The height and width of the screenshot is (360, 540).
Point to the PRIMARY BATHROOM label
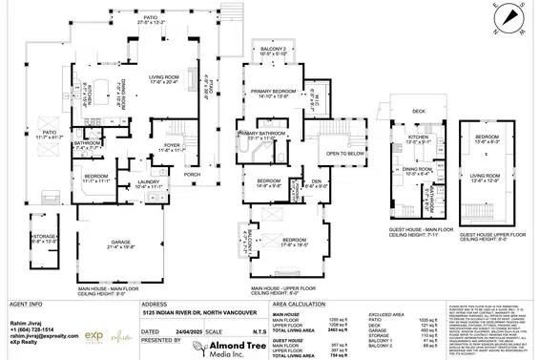[262, 133]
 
